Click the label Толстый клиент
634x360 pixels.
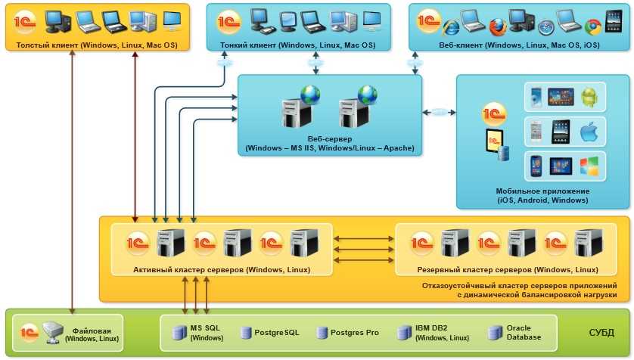pyautogui.click(x=97, y=45)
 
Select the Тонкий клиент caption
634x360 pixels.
pyautogui.click(x=297, y=45)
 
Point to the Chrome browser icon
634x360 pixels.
pyautogui.click(x=592, y=27)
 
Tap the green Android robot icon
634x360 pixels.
pyautogui.click(x=589, y=97)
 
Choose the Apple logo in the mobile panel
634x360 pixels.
pyautogui.click(x=589, y=132)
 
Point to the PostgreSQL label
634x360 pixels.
pyautogui.click(x=276, y=332)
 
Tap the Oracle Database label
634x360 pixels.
pyautogui.click(x=524, y=332)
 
